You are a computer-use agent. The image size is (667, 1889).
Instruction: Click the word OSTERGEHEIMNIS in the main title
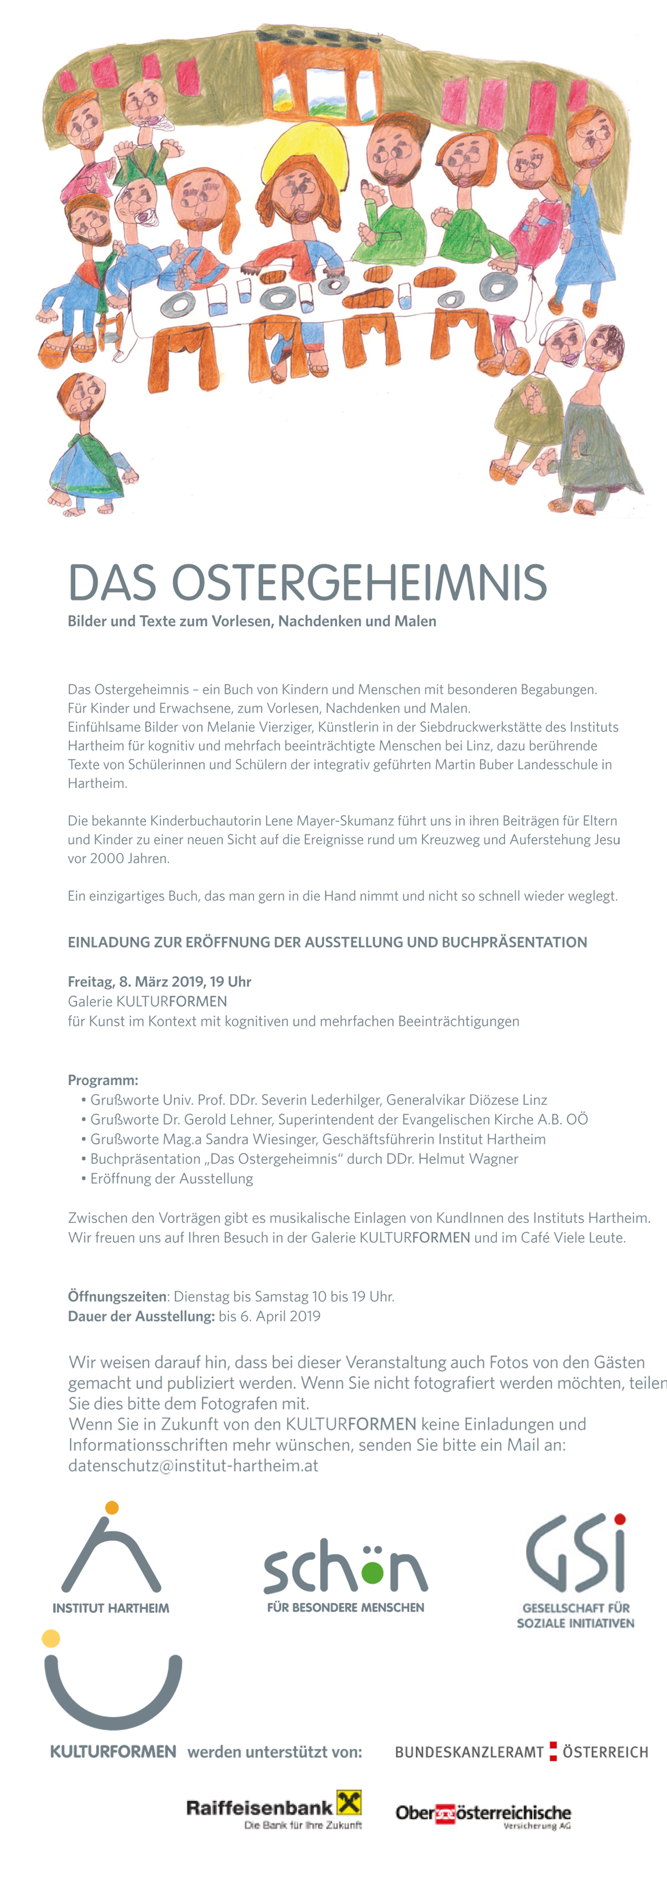359,583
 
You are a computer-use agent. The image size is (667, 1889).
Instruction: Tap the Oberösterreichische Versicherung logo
483,1813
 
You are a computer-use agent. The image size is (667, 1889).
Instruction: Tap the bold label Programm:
103,1080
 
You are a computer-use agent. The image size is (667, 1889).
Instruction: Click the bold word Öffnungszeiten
116,1296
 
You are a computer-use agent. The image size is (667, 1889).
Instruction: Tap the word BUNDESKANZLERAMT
469,1752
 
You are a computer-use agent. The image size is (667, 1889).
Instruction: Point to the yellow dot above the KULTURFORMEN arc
51,1638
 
